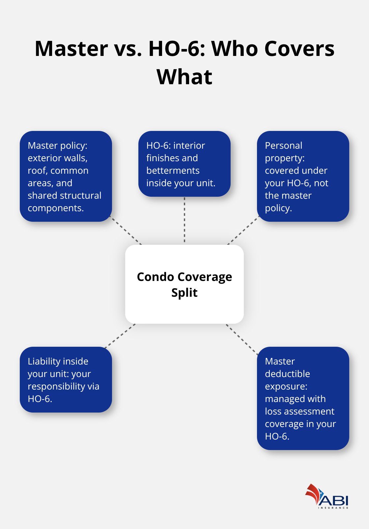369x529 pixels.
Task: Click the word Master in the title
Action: click(71, 49)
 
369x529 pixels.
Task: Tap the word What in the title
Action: click(184, 77)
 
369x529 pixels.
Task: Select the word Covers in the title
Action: click(299, 49)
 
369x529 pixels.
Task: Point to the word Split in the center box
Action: click(184, 292)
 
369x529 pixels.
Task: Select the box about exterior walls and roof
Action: click(66, 176)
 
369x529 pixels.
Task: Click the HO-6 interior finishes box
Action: click(184, 164)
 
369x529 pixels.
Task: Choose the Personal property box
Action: click(303, 176)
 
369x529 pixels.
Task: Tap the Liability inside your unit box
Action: click(66, 380)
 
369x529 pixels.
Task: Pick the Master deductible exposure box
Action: click(303, 398)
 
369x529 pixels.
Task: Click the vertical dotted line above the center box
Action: click(184, 220)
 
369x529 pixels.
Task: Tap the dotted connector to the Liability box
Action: click(120, 336)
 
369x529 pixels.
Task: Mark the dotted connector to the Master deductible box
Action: click(242, 339)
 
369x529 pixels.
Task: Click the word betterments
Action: click(173, 170)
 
